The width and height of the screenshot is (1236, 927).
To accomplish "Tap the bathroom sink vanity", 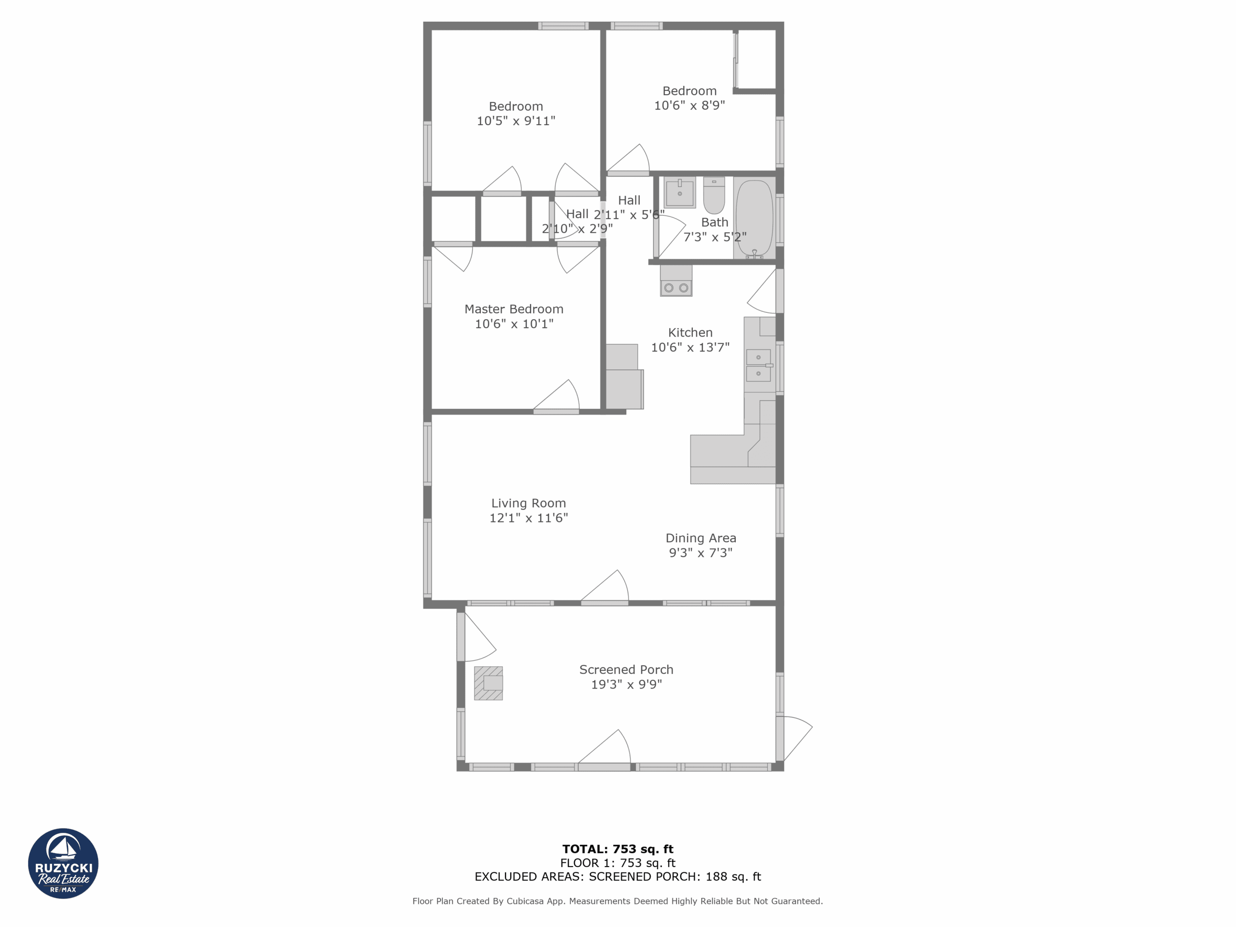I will pos(679,193).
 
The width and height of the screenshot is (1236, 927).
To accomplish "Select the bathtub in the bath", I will pos(754,218).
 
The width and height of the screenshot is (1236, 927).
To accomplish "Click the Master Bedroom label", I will pos(514,309).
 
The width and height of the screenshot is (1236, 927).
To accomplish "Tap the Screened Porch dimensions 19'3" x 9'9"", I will pos(626,685).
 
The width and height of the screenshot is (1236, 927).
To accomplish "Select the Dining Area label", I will pos(701,538).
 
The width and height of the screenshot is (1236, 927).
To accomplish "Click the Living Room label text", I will pos(529,503).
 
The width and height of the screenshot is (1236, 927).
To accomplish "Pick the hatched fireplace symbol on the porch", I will pos(489,683).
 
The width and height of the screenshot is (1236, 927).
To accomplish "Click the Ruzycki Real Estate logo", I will pos(63,863).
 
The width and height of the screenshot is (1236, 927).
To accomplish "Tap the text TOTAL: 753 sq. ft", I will pos(618,849).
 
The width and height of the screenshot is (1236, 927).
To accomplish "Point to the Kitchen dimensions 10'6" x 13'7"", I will pos(690,347).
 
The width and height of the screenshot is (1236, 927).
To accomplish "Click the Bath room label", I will pos(715,223).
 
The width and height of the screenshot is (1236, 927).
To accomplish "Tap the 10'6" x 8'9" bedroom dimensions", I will pos(689,105).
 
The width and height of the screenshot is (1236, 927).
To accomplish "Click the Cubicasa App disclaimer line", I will pos(618,901).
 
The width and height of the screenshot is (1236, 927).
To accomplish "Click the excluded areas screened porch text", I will pos(618,876).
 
